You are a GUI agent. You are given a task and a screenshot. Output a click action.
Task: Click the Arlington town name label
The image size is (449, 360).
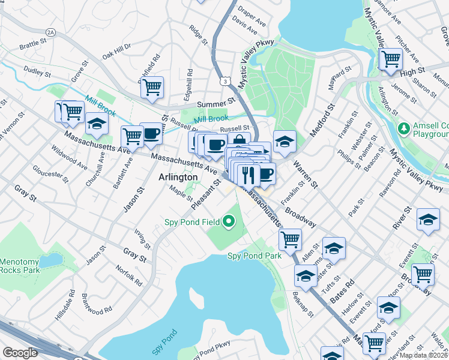click(x=178, y=177)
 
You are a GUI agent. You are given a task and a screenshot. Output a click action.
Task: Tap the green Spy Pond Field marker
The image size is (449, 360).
click(x=228, y=223)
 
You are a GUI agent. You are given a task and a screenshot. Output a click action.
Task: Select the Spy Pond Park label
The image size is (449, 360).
click(x=255, y=256)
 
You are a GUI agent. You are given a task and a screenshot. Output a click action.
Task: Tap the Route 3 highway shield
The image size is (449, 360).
click(x=224, y=80)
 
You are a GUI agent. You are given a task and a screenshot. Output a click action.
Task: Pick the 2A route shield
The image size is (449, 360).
click(x=50, y=31)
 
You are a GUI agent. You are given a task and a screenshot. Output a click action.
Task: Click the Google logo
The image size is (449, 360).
click(x=19, y=353)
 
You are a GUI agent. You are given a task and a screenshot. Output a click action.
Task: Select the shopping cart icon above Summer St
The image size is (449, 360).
click(x=152, y=87)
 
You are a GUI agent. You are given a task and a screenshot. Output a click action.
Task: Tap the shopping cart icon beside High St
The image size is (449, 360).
click(x=391, y=58)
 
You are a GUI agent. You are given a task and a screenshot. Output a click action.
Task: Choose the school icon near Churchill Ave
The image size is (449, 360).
click(x=97, y=124)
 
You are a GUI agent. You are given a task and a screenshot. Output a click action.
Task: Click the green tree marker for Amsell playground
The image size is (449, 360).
click(x=403, y=128)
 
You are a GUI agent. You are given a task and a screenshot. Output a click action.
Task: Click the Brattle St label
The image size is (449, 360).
click(x=33, y=45)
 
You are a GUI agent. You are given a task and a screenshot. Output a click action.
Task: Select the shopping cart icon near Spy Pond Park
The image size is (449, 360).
click(x=290, y=239)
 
